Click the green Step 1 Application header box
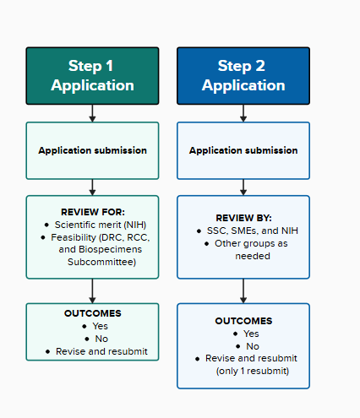point(92,75)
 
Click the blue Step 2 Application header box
point(243,75)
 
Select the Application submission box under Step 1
point(92,150)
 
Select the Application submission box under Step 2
point(243,150)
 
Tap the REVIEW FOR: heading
point(92,210)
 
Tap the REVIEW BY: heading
point(243,217)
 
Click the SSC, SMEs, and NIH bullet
point(247,231)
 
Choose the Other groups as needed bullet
point(247,243)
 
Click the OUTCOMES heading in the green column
point(92,313)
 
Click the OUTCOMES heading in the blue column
point(243,321)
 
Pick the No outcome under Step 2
point(250,346)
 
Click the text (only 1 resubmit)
point(251,371)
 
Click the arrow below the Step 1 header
point(92,112)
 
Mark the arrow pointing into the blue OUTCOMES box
point(243,290)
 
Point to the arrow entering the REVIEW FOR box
point(92,187)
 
